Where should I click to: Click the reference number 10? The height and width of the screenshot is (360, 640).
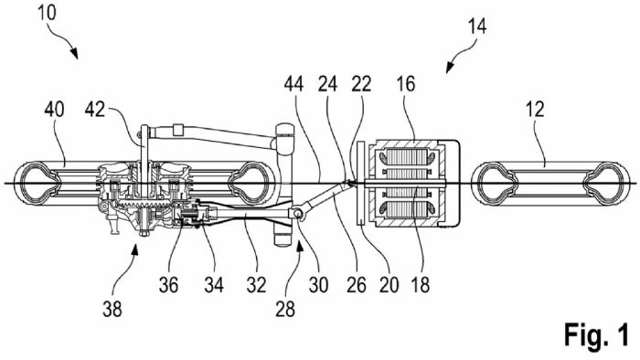(x=47, y=13)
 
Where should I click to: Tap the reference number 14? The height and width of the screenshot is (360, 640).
(x=476, y=26)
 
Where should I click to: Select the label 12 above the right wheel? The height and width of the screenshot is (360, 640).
(x=535, y=110)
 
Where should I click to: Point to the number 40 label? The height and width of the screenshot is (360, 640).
(x=54, y=110)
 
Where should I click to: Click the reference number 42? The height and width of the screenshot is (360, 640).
(x=95, y=110)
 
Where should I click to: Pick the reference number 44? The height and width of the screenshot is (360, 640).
(x=293, y=84)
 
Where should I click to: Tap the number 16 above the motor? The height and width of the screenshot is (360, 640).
(x=406, y=84)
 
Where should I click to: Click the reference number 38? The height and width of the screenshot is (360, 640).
(x=112, y=310)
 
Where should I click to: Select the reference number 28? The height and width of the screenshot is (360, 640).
(x=285, y=310)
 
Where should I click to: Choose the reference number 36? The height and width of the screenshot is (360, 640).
(x=168, y=285)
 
